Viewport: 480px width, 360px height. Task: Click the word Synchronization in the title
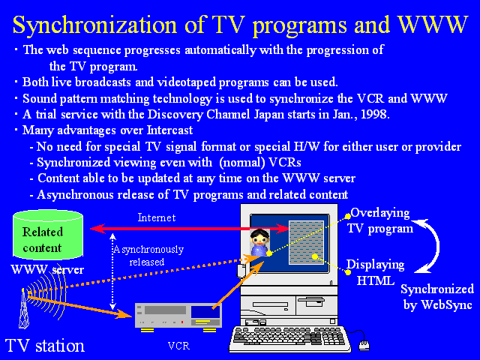(x=95, y=25)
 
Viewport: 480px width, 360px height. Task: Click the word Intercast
(x=170, y=130)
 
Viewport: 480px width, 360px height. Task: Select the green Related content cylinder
(x=48, y=235)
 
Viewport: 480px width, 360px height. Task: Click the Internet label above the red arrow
(x=157, y=217)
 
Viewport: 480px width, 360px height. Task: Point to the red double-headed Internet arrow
(x=190, y=229)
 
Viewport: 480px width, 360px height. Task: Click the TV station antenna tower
(x=24, y=308)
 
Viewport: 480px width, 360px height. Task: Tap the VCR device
(x=178, y=317)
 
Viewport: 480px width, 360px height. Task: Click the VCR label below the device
(x=178, y=346)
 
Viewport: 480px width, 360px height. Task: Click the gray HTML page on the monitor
(x=306, y=242)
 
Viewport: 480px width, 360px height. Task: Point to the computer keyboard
(x=291, y=339)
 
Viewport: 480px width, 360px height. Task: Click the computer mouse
(x=364, y=345)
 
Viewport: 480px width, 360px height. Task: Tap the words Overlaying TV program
(x=380, y=220)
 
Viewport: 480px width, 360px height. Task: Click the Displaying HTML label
(x=375, y=272)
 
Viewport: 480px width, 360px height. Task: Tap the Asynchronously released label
(x=148, y=255)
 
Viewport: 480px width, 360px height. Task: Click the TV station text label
(x=45, y=346)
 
